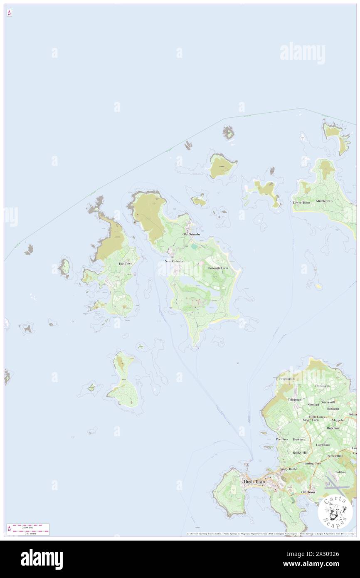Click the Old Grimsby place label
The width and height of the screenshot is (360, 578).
click(x=191, y=235)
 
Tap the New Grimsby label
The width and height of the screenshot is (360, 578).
click(x=174, y=261)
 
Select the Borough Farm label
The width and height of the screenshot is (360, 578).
click(x=218, y=268)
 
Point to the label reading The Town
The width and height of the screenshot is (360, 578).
click(x=125, y=264)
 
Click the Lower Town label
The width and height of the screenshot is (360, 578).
click(x=301, y=203)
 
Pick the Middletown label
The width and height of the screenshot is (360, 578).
click(x=324, y=201)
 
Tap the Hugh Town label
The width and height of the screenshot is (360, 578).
click(x=254, y=482)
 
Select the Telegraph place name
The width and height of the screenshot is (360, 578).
click(x=294, y=400)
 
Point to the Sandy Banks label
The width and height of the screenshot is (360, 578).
click(x=288, y=469)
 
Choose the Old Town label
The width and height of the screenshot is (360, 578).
click(x=308, y=492)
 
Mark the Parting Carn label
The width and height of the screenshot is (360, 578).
click(x=312, y=463)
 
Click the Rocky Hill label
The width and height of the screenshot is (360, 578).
click(x=300, y=452)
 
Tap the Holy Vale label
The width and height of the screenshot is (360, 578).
click(x=333, y=428)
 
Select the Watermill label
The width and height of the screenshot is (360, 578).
click(x=328, y=402)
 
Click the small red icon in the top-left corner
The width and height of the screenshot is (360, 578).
click(x=9, y=13)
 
